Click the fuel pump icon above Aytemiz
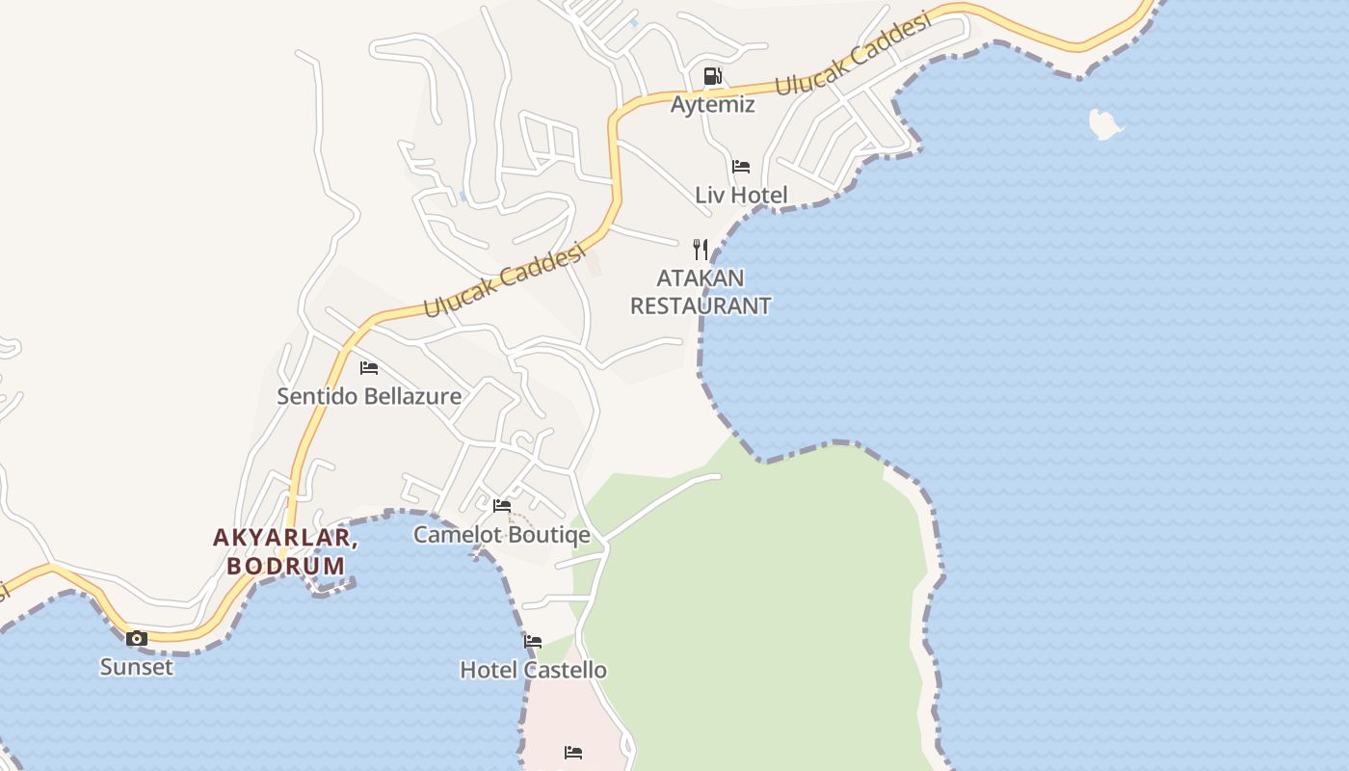coord(712,76)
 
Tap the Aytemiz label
coord(712,104)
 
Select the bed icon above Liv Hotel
coord(740,167)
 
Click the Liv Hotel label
coord(741,195)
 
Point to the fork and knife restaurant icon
coord(701,250)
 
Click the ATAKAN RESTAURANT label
coord(701,292)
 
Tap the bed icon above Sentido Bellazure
coord(369,367)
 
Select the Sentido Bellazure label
coord(369,396)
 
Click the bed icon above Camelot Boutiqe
coord(502,506)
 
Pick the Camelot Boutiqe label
coord(501,535)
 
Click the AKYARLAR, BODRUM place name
coord(285,552)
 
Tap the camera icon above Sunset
coord(137,638)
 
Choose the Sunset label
coord(137,667)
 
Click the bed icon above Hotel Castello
coord(533,642)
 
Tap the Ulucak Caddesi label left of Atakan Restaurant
coord(504,280)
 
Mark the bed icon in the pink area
coord(573,752)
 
